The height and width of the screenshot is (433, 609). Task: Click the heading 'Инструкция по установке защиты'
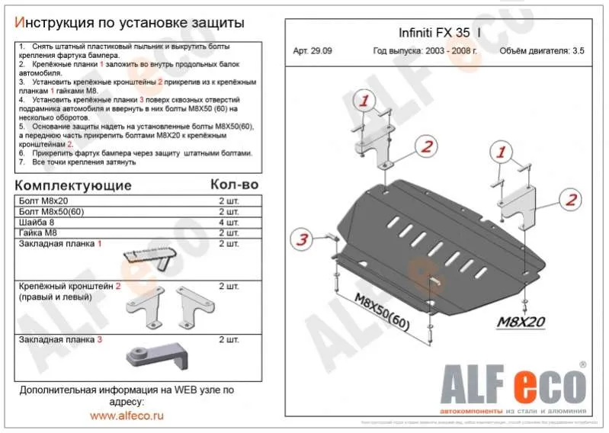click(x=130, y=23)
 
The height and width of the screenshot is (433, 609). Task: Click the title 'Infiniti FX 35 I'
click(x=439, y=34)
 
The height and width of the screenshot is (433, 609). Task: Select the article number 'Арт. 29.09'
click(x=313, y=52)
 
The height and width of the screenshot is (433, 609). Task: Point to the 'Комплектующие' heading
click(x=73, y=185)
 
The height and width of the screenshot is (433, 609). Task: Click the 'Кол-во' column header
click(x=234, y=184)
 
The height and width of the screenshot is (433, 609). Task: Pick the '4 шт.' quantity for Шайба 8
click(x=229, y=222)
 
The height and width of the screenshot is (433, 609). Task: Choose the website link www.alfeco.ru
click(x=127, y=416)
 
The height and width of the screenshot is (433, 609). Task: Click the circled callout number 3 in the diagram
click(x=302, y=240)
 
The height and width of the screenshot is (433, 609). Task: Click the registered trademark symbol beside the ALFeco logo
click(x=582, y=365)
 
